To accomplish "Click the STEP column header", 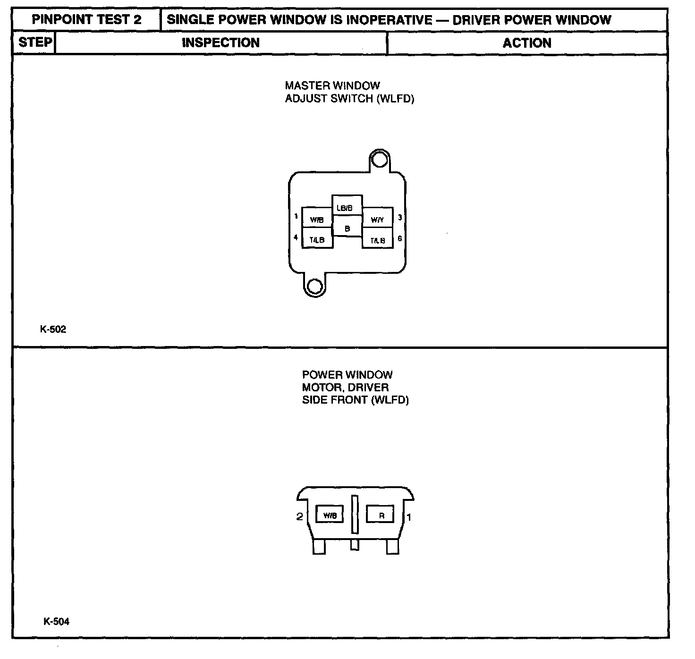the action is tap(35, 42).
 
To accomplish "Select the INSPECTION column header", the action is tap(220, 43).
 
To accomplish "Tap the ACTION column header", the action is tap(527, 43).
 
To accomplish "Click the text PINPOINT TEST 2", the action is tap(86, 20).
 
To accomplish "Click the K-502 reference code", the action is tap(53, 329).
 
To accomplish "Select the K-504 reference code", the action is tap(56, 622).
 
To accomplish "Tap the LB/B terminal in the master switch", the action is tap(347, 206).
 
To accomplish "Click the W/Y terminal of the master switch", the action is tap(377, 219).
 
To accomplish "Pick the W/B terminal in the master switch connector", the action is tap(317, 219).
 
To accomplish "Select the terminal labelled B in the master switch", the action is tap(347, 228).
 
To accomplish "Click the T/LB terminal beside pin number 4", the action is tap(317, 239).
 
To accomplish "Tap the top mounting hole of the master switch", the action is tap(379, 161).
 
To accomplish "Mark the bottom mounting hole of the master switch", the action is tap(314, 286).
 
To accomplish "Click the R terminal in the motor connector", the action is tap(382, 516).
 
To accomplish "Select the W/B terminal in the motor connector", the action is tap(330, 515).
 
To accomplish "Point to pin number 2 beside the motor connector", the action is tap(299, 516).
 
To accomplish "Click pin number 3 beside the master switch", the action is tap(400, 218).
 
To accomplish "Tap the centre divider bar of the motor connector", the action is tap(355, 515).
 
